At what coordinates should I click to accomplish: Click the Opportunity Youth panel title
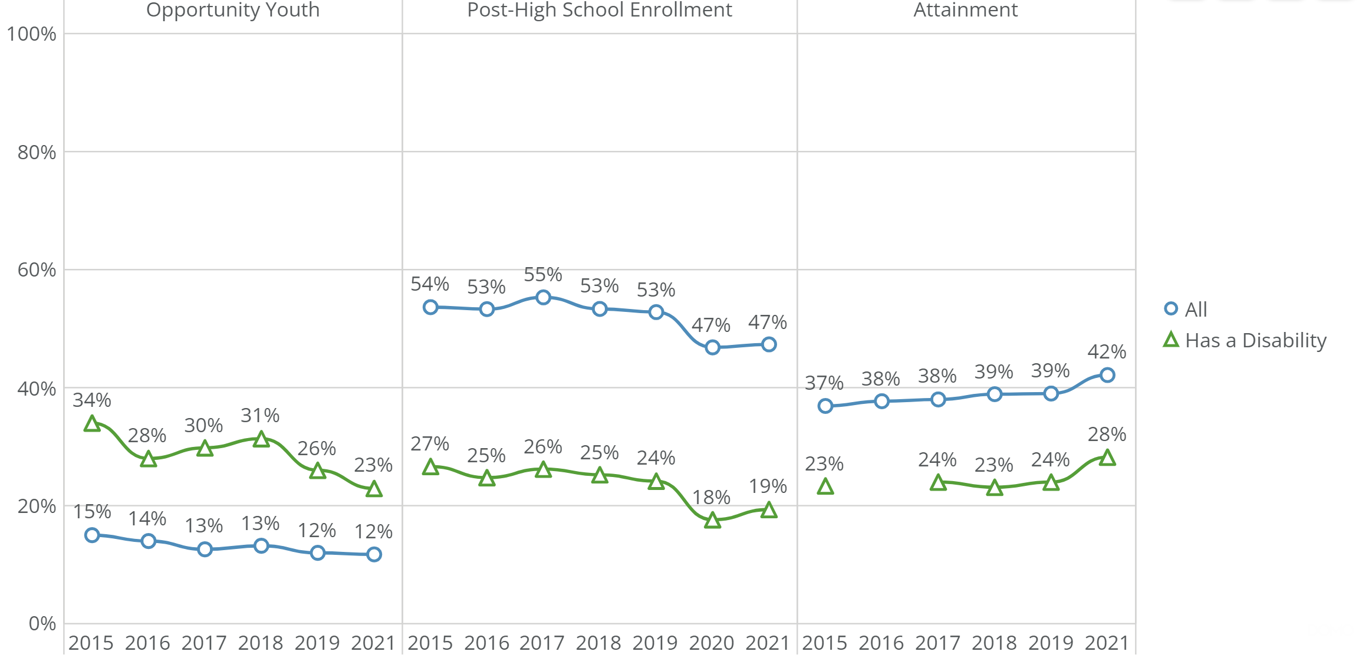pyautogui.click(x=232, y=10)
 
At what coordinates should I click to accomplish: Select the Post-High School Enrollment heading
pyautogui.click(x=599, y=10)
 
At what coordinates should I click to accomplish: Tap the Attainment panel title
pyautogui.click(x=965, y=10)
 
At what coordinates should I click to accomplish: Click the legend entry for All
pyautogui.click(x=1196, y=309)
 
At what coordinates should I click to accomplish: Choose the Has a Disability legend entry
pyautogui.click(x=1255, y=340)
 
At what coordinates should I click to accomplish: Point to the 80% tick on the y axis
pyautogui.click(x=37, y=153)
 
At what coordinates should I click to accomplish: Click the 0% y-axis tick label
pyautogui.click(x=42, y=623)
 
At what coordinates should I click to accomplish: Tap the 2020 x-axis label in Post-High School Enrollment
pyautogui.click(x=712, y=643)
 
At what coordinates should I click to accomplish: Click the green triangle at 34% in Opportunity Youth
pyautogui.click(x=92, y=423)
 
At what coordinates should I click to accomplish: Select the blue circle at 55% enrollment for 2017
pyautogui.click(x=543, y=297)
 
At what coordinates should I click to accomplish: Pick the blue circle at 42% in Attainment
pyautogui.click(x=1107, y=375)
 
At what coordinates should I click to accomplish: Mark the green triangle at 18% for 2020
pyautogui.click(x=712, y=520)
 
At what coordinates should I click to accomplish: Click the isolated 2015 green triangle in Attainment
pyautogui.click(x=825, y=486)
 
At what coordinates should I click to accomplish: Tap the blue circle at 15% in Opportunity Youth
pyautogui.click(x=92, y=535)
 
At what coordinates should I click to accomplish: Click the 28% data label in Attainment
pyautogui.click(x=1107, y=435)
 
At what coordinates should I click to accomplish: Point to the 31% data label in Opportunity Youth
pyautogui.click(x=260, y=416)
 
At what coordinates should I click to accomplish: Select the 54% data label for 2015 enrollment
pyautogui.click(x=430, y=284)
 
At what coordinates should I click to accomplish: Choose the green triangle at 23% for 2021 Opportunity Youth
pyautogui.click(x=374, y=489)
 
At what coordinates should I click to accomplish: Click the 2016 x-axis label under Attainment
pyautogui.click(x=881, y=643)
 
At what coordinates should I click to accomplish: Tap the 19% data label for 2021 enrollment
pyautogui.click(x=768, y=486)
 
